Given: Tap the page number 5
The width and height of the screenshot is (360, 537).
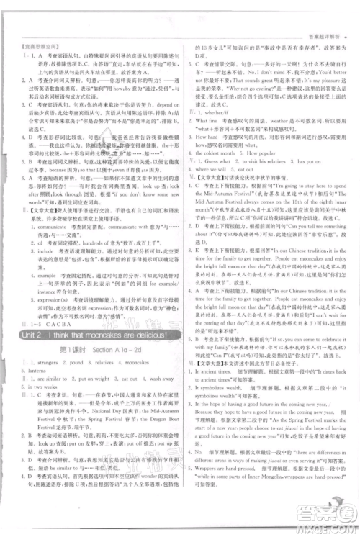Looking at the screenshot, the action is tap(328, 504).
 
